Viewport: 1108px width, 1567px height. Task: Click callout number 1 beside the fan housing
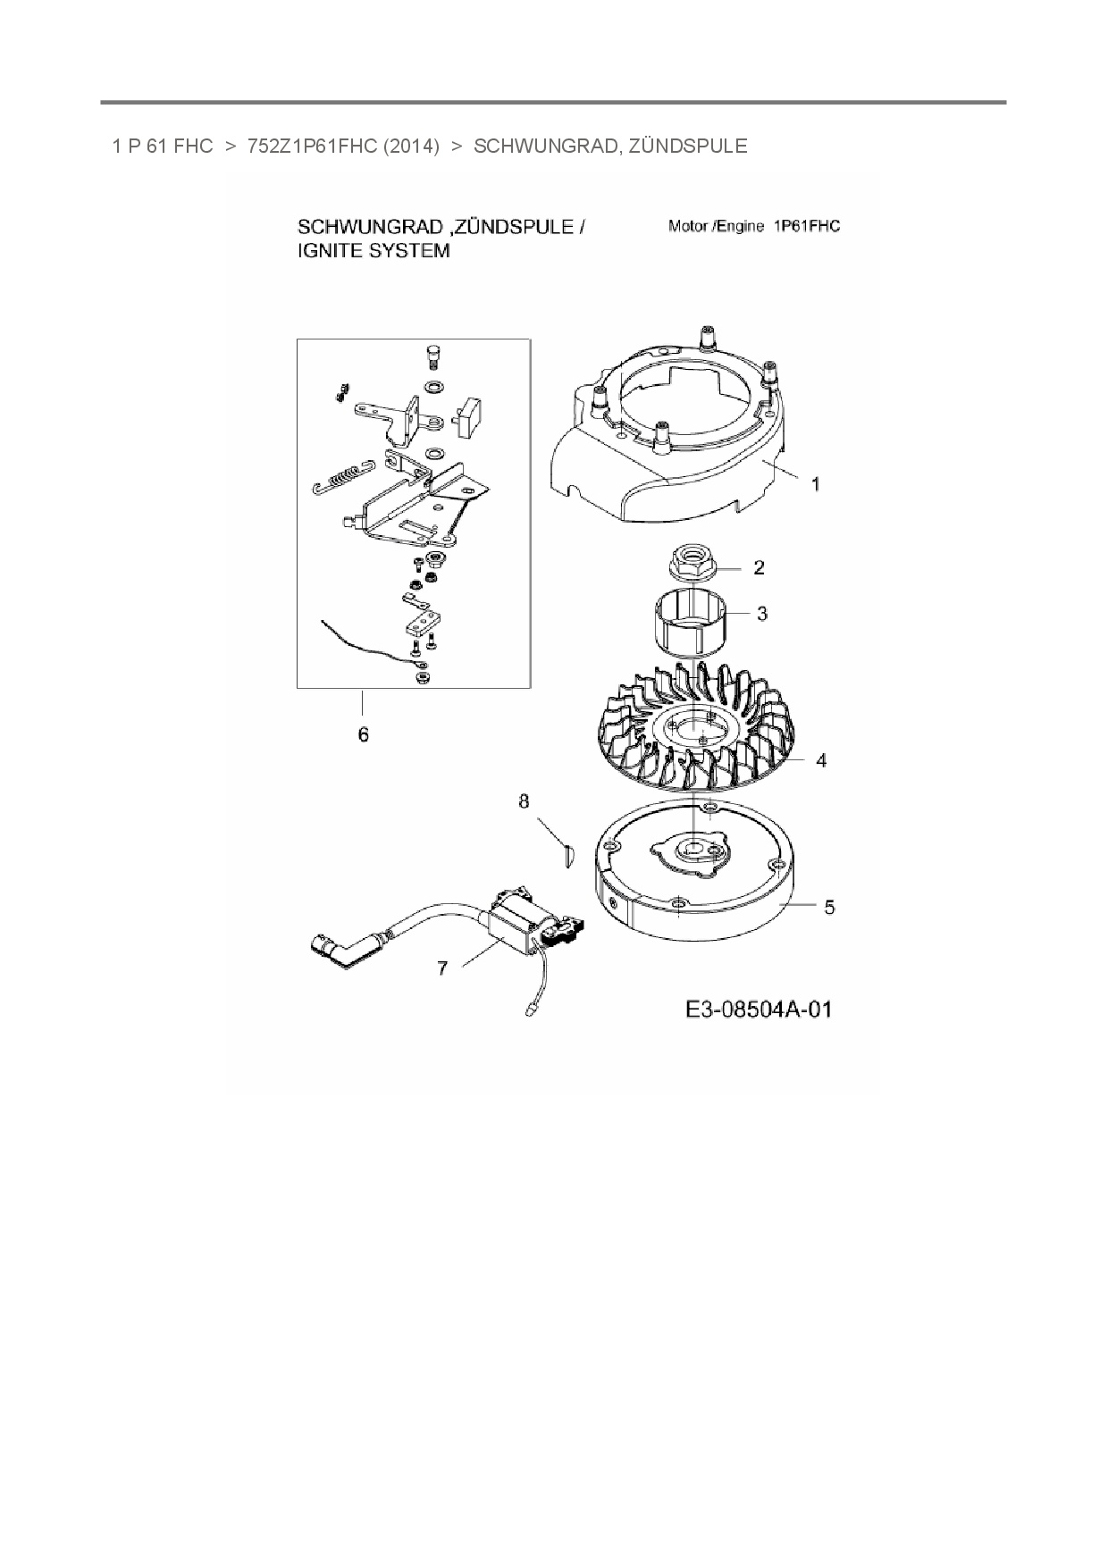click(815, 483)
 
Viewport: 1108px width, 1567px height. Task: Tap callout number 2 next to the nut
click(759, 567)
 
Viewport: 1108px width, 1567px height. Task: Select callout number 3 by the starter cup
click(762, 614)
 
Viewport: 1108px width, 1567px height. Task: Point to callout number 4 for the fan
click(821, 760)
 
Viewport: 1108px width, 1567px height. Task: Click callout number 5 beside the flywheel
click(829, 908)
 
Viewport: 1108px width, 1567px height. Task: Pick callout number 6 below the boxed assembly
click(363, 734)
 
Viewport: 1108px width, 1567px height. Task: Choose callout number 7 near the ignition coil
click(442, 968)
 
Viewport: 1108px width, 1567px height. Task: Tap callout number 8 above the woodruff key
click(525, 801)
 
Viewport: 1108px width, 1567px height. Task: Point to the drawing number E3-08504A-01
click(759, 1010)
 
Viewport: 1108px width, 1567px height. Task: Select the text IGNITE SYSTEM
click(374, 251)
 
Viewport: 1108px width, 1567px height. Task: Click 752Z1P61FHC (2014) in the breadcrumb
click(343, 147)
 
